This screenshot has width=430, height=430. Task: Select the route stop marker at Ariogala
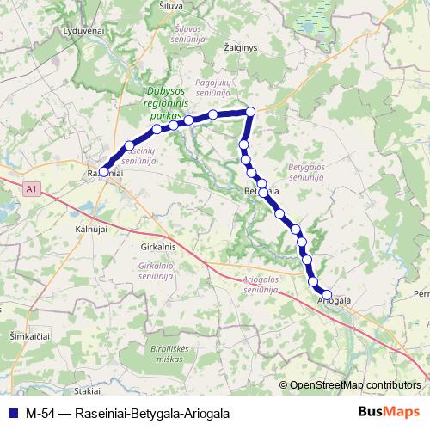tap(327, 294)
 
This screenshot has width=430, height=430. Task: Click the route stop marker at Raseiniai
tap(103, 172)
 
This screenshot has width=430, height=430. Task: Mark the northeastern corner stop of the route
tap(251, 111)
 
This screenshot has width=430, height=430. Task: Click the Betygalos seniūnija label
tap(305, 173)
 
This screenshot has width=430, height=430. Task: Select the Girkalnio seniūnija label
tap(156, 271)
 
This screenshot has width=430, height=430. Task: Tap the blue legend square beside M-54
tap(11, 412)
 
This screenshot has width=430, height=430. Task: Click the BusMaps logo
tap(389, 412)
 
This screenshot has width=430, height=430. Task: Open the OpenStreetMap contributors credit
tap(354, 384)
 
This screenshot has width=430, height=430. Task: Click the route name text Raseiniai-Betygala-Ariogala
tap(152, 413)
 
